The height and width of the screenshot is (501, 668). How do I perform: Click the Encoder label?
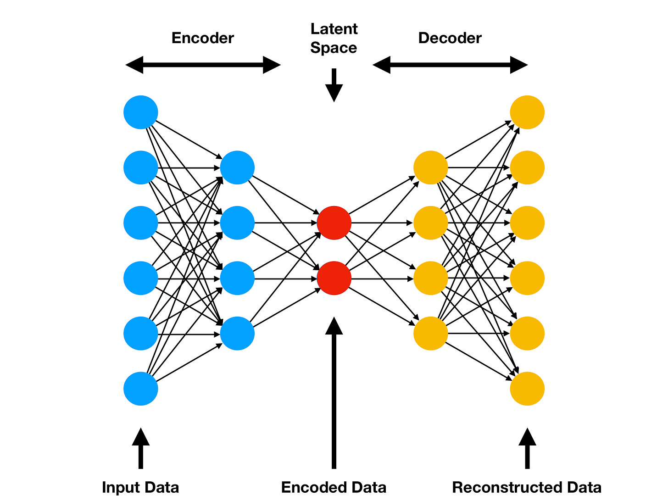tap(202, 38)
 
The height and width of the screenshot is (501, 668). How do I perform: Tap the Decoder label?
tap(450, 38)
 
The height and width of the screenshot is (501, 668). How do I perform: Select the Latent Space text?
tap(334, 38)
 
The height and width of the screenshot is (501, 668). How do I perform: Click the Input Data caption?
tap(140, 487)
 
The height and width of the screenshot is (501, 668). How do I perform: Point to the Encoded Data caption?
tap(334, 487)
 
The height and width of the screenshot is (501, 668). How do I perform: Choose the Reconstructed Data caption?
tap(527, 487)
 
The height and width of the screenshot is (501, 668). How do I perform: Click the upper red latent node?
tap(334, 223)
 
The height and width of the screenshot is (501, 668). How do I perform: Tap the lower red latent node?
tap(334, 278)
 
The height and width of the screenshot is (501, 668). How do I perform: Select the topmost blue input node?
tap(141, 112)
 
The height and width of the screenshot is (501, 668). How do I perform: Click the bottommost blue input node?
tap(141, 389)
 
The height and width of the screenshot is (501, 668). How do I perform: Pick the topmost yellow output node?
tap(527, 112)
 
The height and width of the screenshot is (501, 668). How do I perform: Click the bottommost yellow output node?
tap(527, 389)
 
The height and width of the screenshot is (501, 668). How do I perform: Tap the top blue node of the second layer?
tap(237, 167)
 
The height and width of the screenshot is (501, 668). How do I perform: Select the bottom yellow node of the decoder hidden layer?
tap(430, 334)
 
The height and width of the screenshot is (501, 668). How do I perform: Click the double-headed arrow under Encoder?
tap(203, 65)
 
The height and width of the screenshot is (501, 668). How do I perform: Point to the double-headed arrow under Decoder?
tap(450, 65)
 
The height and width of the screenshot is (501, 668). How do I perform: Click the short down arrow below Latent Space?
tap(334, 85)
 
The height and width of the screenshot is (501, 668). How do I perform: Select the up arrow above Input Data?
tap(141, 448)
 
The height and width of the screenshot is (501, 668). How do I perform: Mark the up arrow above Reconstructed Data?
tap(527, 448)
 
